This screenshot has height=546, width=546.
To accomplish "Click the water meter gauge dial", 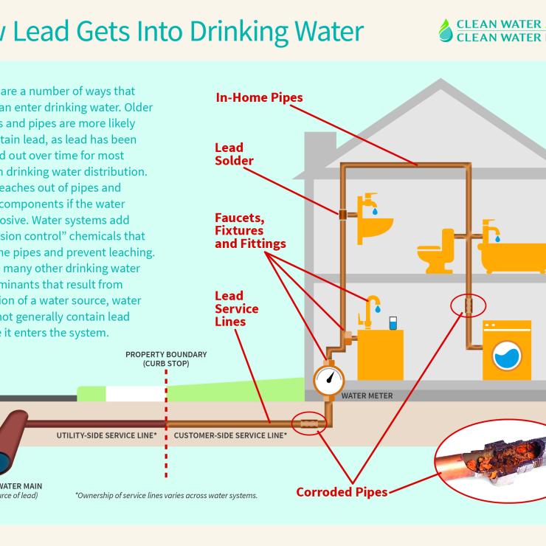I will (328, 379).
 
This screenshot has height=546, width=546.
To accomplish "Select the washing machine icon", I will (507, 350).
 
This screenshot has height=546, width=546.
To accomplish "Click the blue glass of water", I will (393, 323).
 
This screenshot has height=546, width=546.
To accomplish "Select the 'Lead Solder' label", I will (234, 154).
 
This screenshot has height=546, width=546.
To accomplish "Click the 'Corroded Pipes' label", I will (342, 491).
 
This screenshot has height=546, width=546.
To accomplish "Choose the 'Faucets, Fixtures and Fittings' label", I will (249, 229).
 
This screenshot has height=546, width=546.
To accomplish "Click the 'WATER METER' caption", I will (367, 396).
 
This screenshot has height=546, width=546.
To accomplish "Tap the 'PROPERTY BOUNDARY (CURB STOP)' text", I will (166, 359).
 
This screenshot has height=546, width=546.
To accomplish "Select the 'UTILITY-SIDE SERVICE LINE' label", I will (106, 435).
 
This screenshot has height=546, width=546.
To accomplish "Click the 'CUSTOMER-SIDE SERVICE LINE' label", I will (230, 435).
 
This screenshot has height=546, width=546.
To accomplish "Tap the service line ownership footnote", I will (166, 496).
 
